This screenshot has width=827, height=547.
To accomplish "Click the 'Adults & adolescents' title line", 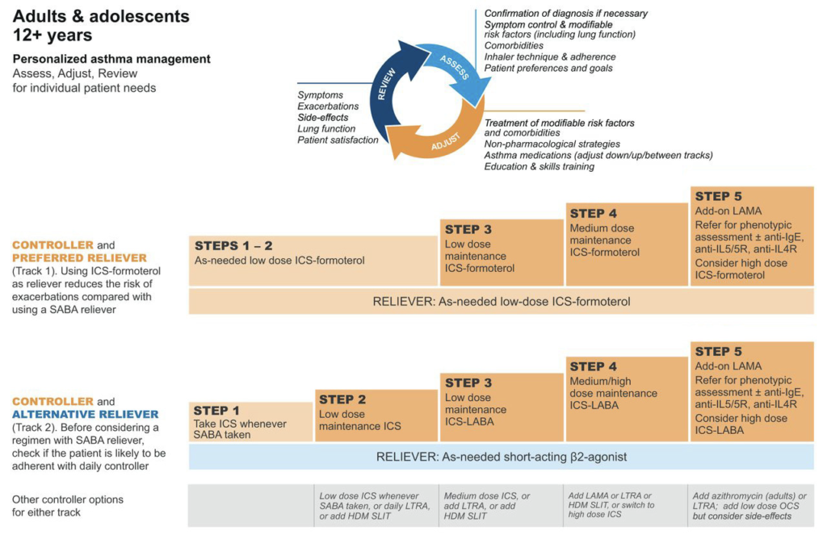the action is (x=101, y=16).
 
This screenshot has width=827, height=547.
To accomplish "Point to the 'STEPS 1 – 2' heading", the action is (x=233, y=245).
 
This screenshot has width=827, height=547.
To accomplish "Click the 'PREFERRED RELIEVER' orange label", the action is (x=80, y=257).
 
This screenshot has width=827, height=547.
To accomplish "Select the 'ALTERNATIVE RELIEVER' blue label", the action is (x=86, y=414).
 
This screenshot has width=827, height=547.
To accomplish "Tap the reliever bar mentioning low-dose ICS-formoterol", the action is (x=501, y=302).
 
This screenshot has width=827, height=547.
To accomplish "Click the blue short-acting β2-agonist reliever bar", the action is (x=501, y=457).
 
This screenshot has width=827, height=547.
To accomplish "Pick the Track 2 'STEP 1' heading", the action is (x=216, y=411).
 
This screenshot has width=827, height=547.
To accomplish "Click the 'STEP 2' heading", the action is (x=342, y=399).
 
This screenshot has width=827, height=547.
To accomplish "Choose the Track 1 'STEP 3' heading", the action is (x=468, y=229).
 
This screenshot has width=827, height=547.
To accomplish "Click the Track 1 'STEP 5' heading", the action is (x=718, y=196).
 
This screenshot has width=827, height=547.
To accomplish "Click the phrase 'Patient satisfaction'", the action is (x=338, y=140).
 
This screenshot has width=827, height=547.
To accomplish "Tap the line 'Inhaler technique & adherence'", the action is (x=550, y=57).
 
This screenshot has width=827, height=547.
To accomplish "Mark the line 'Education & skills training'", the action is (x=539, y=166).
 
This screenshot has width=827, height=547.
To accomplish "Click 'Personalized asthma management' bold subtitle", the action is (x=111, y=59).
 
